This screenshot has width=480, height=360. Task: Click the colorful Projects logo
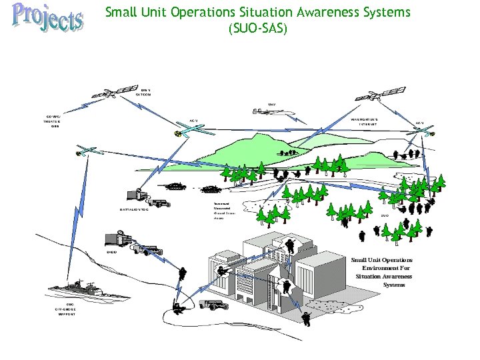pos(47,18)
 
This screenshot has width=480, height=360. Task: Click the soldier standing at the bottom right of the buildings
pos(306,318)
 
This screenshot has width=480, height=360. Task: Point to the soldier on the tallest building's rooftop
pos(290,244)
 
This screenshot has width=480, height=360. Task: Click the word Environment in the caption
pos(385,267)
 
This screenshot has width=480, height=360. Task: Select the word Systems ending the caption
pos(394,284)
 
